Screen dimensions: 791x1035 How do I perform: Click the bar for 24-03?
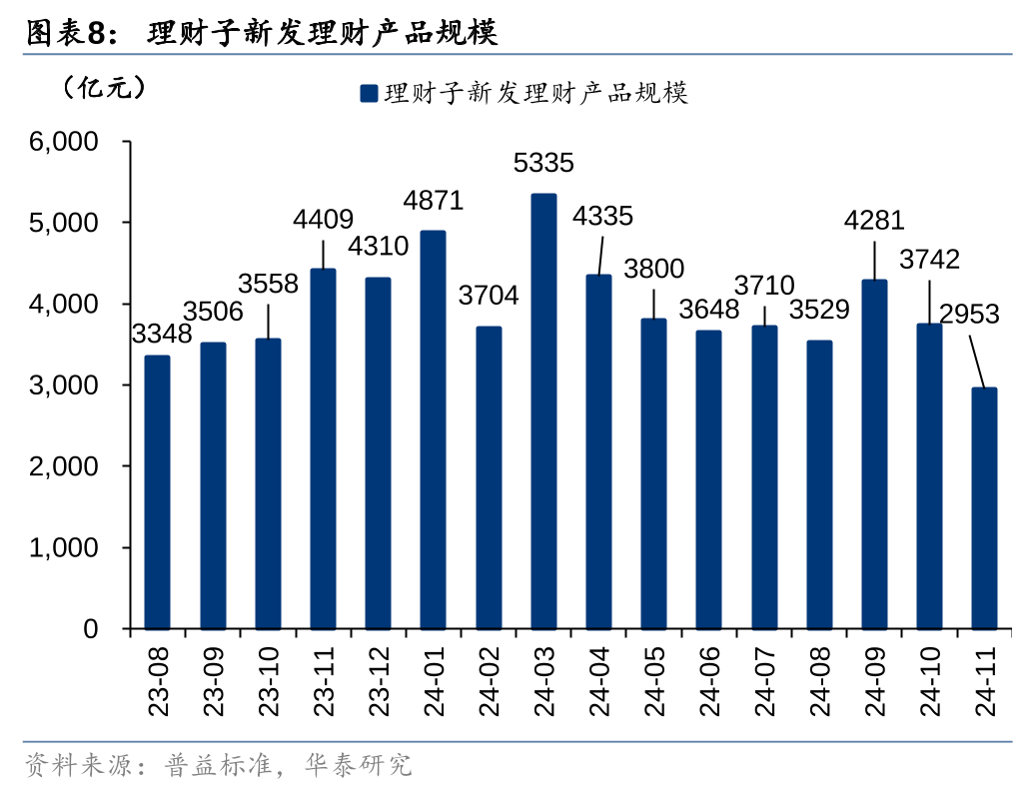coord(543,411)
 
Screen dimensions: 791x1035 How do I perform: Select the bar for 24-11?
coord(984,508)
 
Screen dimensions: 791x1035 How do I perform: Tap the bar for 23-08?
coord(157,492)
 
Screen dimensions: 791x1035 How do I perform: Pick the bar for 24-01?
coord(433,430)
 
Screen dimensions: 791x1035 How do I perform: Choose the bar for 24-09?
coord(874,454)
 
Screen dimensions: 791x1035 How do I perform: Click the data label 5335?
coord(543,162)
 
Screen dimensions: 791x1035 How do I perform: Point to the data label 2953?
coord(969,315)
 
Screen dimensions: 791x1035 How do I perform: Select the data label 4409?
coord(323,219)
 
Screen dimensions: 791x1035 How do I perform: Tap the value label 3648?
coord(708,310)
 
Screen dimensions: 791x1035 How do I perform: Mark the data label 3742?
coord(929,260)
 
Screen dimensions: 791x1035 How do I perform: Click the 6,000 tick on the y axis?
coord(64,142)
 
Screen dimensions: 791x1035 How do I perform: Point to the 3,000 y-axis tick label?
coord(64,386)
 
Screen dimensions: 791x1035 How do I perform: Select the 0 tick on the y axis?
coord(91,629)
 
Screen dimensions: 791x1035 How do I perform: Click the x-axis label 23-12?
coord(379,680)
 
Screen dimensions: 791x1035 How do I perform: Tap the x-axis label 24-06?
coord(708,680)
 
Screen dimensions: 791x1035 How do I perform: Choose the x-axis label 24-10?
coord(929,680)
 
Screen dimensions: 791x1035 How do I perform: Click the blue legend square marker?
coord(368,94)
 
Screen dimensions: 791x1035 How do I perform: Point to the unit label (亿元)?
coord(104,89)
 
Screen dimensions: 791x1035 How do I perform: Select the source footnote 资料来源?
coord(218,766)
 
